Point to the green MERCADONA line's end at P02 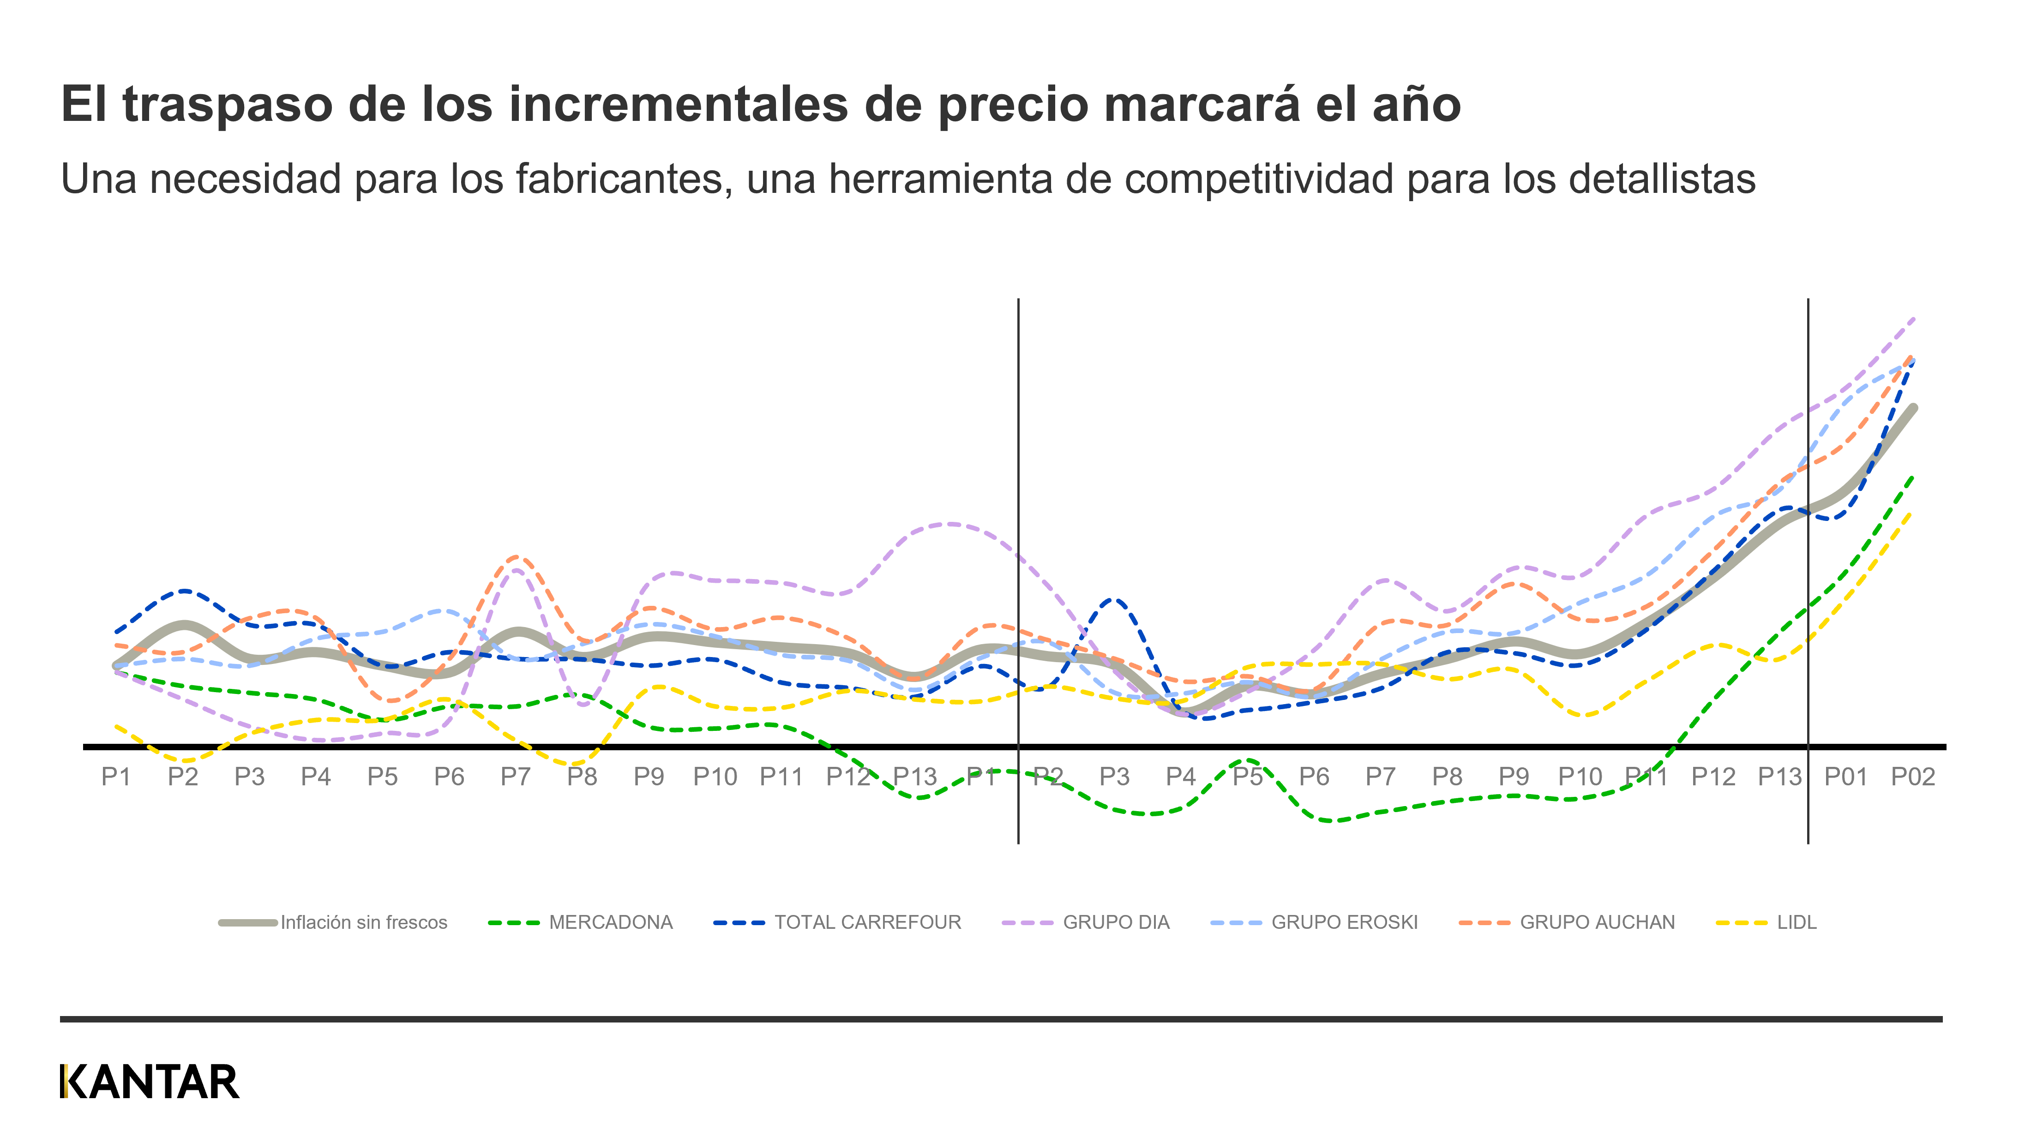(x=1913, y=477)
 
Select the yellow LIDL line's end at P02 (x=1913, y=514)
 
